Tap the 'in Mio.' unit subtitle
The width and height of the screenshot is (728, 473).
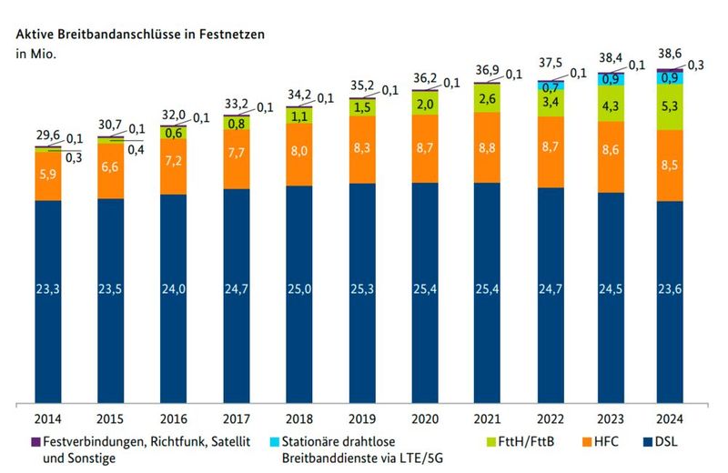tap(34, 54)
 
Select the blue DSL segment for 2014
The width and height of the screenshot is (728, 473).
tap(47, 291)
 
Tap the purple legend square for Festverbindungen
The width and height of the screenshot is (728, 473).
tap(21, 440)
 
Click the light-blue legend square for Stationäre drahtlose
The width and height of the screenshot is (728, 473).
tap(278, 440)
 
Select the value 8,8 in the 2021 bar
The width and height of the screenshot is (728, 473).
tap(488, 147)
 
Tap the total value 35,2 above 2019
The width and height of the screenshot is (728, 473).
tap(363, 89)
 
